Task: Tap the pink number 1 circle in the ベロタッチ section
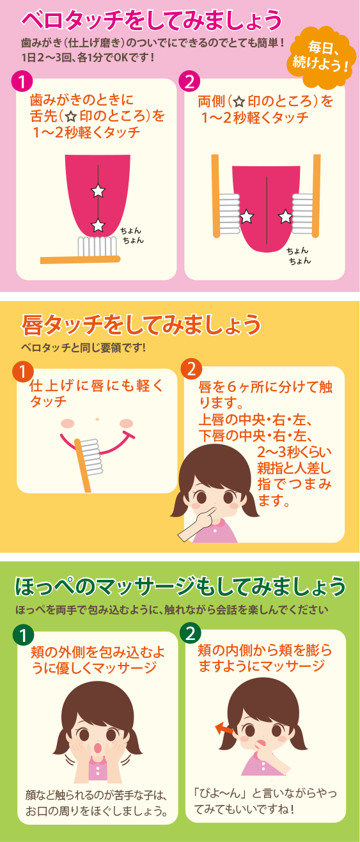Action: [x=22, y=82]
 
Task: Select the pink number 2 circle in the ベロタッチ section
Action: [x=189, y=82]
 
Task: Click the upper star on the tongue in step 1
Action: [x=98, y=191]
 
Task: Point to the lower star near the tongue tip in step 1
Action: [x=98, y=225]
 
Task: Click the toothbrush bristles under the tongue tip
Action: [x=97, y=246]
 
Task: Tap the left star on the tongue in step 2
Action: [x=247, y=217]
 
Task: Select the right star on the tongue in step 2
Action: [x=285, y=216]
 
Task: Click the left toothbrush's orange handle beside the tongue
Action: [x=215, y=196]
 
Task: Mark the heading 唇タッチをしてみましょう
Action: [x=141, y=325]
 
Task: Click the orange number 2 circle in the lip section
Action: [x=191, y=370]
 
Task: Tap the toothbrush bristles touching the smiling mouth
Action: [x=92, y=456]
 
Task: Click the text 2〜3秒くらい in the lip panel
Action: [x=294, y=452]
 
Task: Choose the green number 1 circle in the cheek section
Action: [x=23, y=635]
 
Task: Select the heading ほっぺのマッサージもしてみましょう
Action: [x=180, y=587]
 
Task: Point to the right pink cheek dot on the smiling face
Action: [x=126, y=424]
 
